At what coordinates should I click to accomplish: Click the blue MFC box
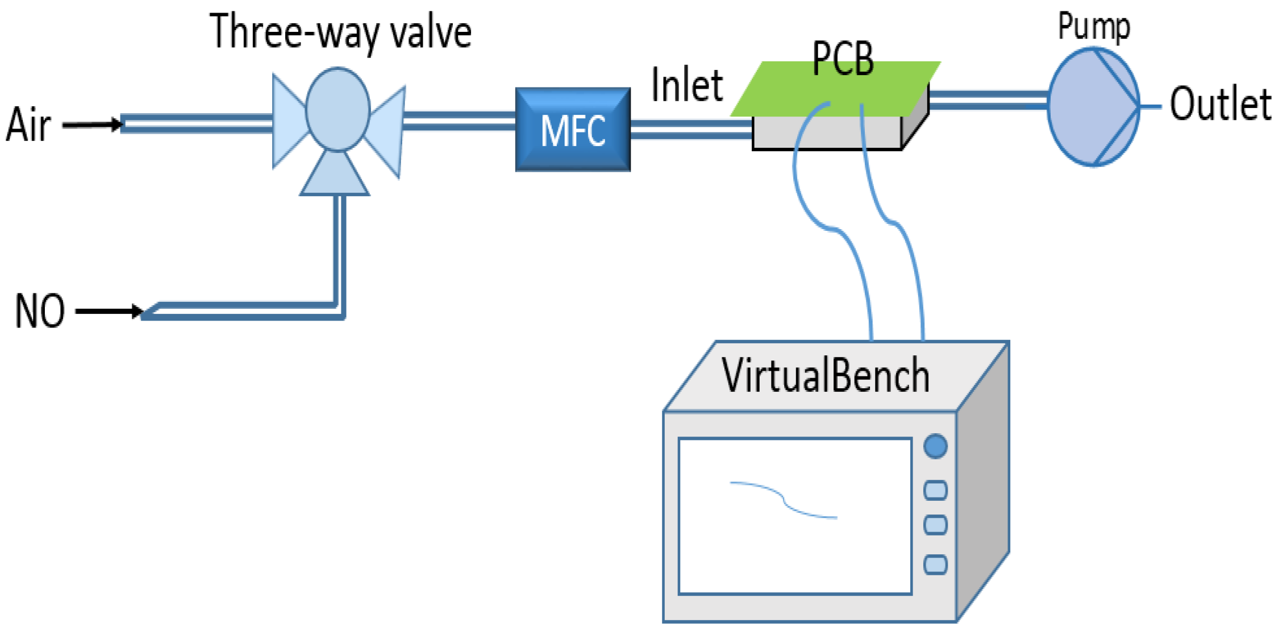(572, 130)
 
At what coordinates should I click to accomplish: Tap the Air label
(28, 124)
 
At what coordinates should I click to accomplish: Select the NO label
(39, 311)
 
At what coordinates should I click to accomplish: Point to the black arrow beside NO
(109, 311)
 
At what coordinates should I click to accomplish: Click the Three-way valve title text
(340, 32)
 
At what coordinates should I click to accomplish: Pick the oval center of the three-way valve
(338, 110)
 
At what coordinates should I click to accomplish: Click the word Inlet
(686, 85)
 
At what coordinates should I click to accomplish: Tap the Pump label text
(1094, 27)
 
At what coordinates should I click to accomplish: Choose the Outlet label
(1219, 105)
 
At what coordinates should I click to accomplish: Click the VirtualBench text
(825, 376)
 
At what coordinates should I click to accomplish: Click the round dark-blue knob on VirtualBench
(935, 446)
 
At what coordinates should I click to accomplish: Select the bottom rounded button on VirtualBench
(935, 565)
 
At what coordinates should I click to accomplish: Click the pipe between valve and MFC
(459, 121)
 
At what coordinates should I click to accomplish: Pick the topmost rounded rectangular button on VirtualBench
(935, 490)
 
